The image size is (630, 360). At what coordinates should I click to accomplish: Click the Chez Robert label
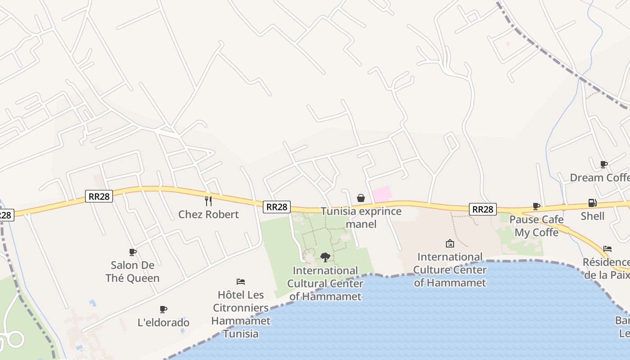pyautogui.click(x=208, y=214)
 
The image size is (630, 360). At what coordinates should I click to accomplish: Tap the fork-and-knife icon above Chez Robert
pyautogui.click(x=208, y=201)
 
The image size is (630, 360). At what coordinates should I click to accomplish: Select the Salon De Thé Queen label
pyautogui.click(x=132, y=271)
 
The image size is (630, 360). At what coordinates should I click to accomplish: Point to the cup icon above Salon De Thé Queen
pyautogui.click(x=132, y=252)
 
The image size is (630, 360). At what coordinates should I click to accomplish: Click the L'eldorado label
pyautogui.click(x=163, y=322)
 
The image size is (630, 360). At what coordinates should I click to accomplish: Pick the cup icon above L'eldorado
pyautogui.click(x=163, y=309)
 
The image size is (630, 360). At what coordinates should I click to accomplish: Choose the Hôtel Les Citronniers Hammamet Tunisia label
pyautogui.click(x=241, y=314)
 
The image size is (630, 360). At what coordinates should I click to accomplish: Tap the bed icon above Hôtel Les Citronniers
pyautogui.click(x=241, y=282)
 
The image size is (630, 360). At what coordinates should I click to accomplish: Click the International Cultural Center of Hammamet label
pyautogui.click(x=325, y=283)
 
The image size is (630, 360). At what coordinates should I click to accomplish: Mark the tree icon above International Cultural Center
pyautogui.click(x=325, y=257)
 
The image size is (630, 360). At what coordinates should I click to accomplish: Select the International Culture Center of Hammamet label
pyautogui.click(x=450, y=270)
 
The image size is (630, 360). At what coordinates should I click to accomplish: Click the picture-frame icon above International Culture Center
pyautogui.click(x=450, y=243)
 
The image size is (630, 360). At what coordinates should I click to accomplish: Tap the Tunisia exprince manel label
pyautogui.click(x=361, y=217)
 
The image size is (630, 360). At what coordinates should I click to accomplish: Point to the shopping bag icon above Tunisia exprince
pyautogui.click(x=361, y=198)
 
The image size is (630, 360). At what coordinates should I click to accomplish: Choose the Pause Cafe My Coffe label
pyautogui.click(x=536, y=226)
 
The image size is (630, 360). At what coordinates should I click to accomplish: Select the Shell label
pyautogui.click(x=592, y=216)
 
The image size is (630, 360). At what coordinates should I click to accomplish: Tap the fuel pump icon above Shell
pyautogui.click(x=592, y=203)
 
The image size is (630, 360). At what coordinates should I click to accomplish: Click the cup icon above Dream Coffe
pyautogui.click(x=603, y=164)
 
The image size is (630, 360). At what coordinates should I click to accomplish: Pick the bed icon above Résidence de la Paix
pyautogui.click(x=607, y=248)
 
